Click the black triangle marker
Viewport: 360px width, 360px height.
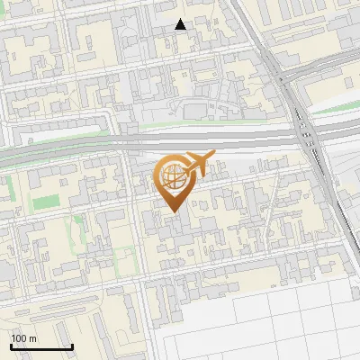tap(181, 25)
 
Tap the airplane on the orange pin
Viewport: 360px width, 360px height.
tap(197, 165)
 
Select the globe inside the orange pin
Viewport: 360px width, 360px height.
tap(173, 176)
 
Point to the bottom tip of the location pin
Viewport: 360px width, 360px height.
tap(173, 212)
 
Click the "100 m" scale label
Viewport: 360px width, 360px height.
tap(23, 338)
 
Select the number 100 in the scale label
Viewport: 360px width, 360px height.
tap(20, 338)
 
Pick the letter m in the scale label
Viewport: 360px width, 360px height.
tap(32, 338)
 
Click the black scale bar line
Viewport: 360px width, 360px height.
tap(41, 347)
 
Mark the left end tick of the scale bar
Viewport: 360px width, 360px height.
tap(11, 346)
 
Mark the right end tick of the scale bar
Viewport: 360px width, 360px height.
tap(72, 346)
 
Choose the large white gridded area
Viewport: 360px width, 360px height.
tap(270, 315)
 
